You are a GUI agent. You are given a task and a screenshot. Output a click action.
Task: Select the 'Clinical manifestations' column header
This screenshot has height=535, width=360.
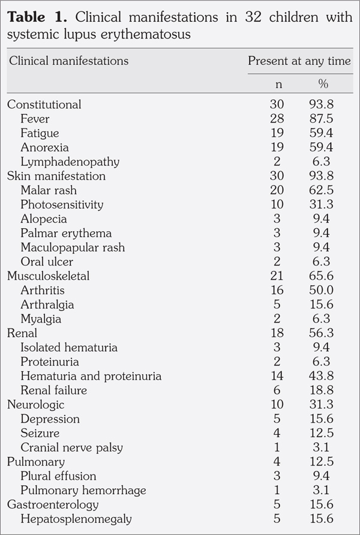point(68,61)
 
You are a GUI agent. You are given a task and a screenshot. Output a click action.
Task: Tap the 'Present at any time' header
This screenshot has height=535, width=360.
point(299,61)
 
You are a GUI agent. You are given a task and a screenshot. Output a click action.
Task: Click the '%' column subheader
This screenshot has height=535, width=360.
point(323,85)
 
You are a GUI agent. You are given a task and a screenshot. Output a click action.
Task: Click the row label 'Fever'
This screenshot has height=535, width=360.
point(34,119)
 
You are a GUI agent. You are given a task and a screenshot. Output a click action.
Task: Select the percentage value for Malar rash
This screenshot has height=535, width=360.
point(321,190)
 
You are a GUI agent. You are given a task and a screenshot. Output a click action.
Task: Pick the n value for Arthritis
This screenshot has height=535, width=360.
point(277,291)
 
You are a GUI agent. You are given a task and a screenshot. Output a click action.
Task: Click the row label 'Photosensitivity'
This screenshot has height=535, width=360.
point(62,205)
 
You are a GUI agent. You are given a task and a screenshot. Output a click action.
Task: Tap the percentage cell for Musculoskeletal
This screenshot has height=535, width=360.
point(321,276)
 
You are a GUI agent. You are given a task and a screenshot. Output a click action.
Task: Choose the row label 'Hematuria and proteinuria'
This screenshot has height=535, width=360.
point(91,376)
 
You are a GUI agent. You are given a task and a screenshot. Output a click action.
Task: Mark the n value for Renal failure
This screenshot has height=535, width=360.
point(277,391)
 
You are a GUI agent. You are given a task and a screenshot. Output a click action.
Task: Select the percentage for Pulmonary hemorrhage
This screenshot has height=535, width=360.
point(321,491)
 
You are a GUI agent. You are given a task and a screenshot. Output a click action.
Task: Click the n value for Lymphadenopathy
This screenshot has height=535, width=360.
point(277,162)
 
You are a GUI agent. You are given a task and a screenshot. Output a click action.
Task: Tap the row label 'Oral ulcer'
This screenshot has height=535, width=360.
point(47,262)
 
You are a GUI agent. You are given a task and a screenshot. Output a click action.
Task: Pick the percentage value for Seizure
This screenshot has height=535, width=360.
point(321,434)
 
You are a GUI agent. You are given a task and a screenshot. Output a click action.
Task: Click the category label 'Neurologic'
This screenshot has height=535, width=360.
point(35,405)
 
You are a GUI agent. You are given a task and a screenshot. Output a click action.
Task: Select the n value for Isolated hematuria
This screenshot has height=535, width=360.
point(277,348)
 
